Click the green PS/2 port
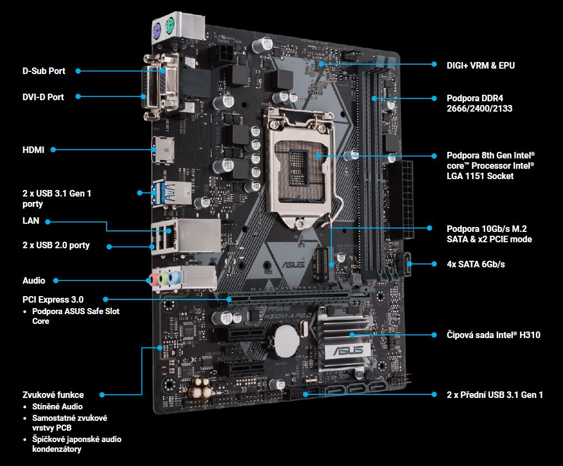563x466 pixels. click(x=169, y=27)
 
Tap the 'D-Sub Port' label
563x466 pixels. click(x=44, y=71)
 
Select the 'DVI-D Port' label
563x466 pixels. click(x=43, y=97)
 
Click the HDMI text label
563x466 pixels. click(x=33, y=150)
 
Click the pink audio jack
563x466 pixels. click(x=154, y=279)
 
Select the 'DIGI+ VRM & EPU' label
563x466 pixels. click(x=480, y=65)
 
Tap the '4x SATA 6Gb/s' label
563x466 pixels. click(x=476, y=264)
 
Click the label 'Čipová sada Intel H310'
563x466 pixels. click(x=493, y=335)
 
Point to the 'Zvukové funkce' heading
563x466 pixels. click(x=53, y=395)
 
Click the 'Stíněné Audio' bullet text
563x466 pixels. click(x=58, y=407)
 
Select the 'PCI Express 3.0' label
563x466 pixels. click(x=53, y=299)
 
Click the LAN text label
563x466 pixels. click(x=31, y=220)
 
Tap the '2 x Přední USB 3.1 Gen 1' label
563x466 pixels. click(x=495, y=395)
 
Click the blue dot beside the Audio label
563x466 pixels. click(x=55, y=280)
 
